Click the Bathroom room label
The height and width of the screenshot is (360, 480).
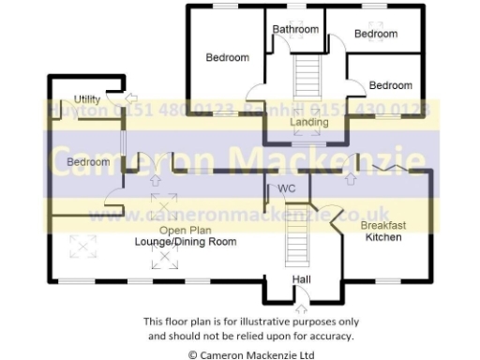pyautogui.click(x=295, y=29)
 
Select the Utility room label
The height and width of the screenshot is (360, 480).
pyautogui.click(x=87, y=98)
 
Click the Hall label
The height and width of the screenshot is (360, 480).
pyautogui.click(x=301, y=279)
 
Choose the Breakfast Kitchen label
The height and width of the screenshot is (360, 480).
pyautogui.click(x=382, y=232)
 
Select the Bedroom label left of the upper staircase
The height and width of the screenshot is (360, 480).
pyautogui.click(x=228, y=57)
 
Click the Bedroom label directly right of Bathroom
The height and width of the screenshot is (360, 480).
pyautogui.click(x=375, y=34)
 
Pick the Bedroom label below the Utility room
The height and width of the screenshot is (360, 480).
pyautogui.click(x=88, y=162)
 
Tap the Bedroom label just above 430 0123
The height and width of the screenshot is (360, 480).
pyautogui.click(x=390, y=85)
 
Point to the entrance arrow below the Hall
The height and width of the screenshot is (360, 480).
pyautogui.click(x=302, y=306)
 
